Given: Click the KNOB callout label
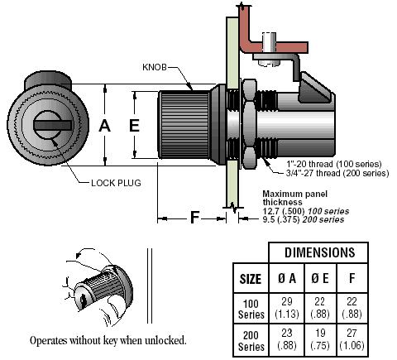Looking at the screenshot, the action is pos(155,67).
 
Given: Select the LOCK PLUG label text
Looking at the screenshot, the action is pos(116,183).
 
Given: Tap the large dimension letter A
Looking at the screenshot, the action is pos(105,126).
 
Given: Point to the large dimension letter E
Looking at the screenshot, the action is pos(134,126).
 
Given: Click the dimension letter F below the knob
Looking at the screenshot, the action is pos(194,218).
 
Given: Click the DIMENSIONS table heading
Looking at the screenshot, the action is pos(319,252).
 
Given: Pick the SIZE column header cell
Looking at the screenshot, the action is pos(251,279).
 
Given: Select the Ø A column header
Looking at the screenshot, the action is pos(287,278).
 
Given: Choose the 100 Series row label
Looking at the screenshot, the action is pos(251,309).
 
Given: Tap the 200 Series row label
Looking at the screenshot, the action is pos(251,341).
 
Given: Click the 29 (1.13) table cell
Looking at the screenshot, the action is pos(287,308).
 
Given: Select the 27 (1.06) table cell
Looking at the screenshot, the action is pos(352,340).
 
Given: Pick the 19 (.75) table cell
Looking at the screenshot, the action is pos(320,340).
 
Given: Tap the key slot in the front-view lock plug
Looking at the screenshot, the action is pos(53,125).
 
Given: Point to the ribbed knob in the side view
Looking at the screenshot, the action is pos(184,125).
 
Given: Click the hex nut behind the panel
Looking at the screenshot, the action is pos(250,124).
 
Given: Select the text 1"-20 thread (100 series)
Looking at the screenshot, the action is pos(334,164).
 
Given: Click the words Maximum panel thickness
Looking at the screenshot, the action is pos(295,198).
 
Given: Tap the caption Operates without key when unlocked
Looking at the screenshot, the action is pos(108,341).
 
